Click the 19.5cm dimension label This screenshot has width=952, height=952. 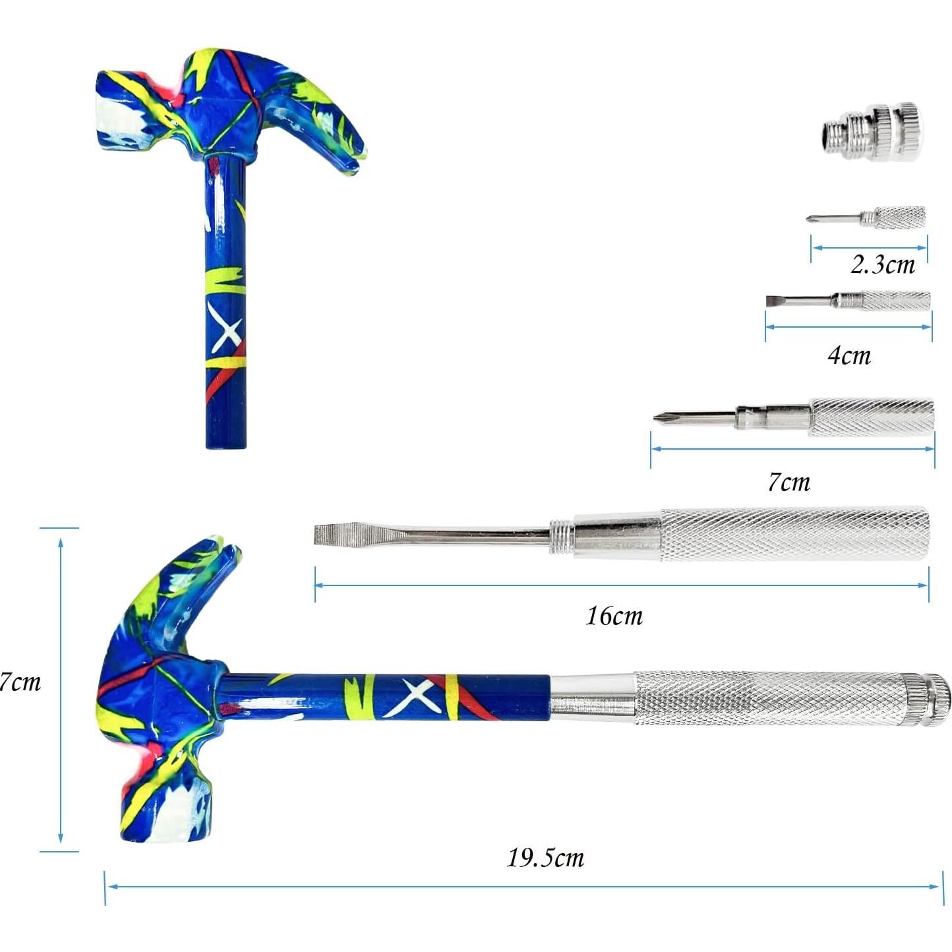[545, 858]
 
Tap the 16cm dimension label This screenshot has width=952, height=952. [614, 616]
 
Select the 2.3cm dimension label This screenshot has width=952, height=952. [883, 265]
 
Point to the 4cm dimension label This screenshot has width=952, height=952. [849, 355]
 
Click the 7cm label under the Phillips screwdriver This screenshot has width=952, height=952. [789, 482]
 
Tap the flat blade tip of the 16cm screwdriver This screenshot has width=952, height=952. [326, 535]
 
